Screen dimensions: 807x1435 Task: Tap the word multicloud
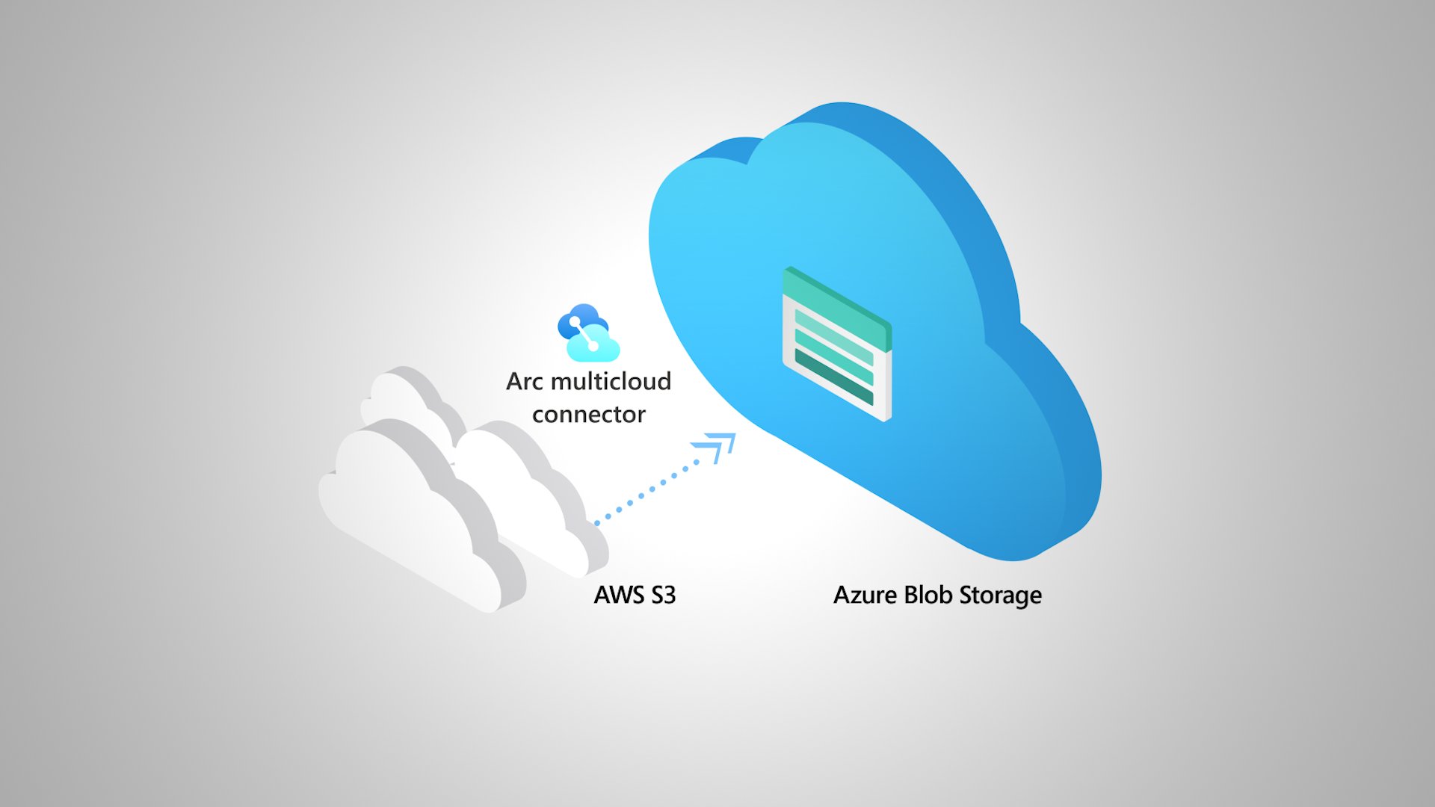click(x=610, y=382)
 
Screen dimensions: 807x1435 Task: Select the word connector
click(x=588, y=415)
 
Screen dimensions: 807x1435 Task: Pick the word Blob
click(x=928, y=596)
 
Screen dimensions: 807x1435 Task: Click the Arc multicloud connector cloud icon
click(x=588, y=333)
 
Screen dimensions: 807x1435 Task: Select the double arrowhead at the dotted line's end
click(x=716, y=447)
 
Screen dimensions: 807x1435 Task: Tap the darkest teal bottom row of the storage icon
click(x=833, y=377)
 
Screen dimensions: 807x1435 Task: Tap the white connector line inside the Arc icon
click(x=584, y=334)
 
